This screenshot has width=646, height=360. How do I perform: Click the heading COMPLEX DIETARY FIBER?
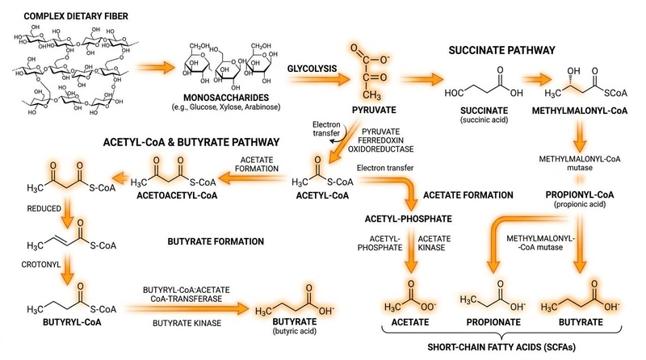click(x=76, y=16)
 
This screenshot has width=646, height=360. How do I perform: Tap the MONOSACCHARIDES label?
click(x=226, y=98)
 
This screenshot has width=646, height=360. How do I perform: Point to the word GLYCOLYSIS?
click(x=312, y=69)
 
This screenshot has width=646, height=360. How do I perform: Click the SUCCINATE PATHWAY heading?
click(x=501, y=50)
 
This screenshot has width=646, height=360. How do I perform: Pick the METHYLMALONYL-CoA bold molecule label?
click(x=580, y=111)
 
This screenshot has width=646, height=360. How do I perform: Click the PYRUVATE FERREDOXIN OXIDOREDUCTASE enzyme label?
click(x=380, y=140)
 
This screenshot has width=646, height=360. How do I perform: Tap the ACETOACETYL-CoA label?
click(x=177, y=195)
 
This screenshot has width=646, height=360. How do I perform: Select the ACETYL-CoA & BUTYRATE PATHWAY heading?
click(x=191, y=142)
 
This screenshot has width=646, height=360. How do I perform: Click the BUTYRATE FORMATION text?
click(x=216, y=241)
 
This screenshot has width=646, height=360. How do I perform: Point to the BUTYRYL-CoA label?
click(x=72, y=322)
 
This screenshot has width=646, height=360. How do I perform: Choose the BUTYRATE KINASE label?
click(x=187, y=324)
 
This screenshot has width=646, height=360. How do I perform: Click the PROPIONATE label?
click(x=493, y=322)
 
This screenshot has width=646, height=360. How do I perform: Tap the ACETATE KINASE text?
click(x=431, y=243)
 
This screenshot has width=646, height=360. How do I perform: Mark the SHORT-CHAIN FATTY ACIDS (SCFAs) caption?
click(x=501, y=347)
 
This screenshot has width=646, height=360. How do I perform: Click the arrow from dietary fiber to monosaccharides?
click(x=155, y=67)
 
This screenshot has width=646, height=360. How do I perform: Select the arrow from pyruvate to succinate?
click(x=422, y=78)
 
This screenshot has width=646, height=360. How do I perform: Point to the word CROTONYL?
click(x=41, y=265)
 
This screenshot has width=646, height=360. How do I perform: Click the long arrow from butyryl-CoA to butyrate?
click(x=187, y=308)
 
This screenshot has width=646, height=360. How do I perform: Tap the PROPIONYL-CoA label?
click(x=580, y=195)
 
